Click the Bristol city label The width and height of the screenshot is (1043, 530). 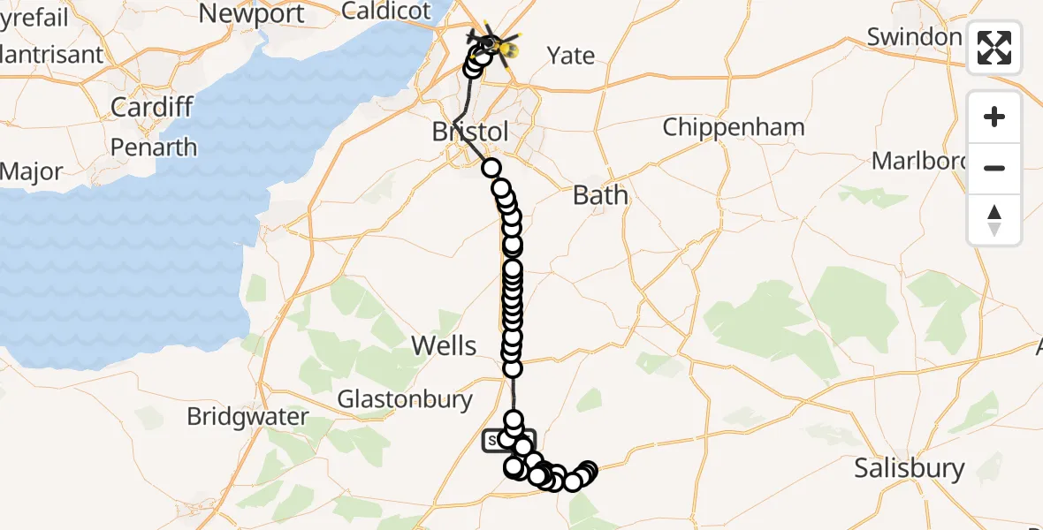pyautogui.click(x=469, y=132)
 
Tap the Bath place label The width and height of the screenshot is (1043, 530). pyautogui.click(x=600, y=194)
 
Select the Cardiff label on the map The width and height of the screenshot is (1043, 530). pyautogui.click(x=152, y=108)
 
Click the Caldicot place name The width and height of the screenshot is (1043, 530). pyautogui.click(x=386, y=11)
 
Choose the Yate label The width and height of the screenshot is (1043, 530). pyautogui.click(x=570, y=56)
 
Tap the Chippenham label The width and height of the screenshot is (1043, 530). pyautogui.click(x=734, y=127)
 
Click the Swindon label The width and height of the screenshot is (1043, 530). pyautogui.click(x=913, y=37)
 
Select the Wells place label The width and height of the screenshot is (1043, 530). pyautogui.click(x=445, y=346)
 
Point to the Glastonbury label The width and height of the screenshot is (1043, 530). pyautogui.click(x=405, y=399)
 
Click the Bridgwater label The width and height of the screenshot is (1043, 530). pyautogui.click(x=247, y=417)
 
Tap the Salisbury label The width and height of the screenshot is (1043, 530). pyautogui.click(x=909, y=468)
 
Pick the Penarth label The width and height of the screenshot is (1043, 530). pyautogui.click(x=154, y=147)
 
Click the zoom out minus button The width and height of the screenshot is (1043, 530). pyautogui.click(x=994, y=168)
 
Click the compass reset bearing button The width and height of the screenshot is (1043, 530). pyautogui.click(x=994, y=220)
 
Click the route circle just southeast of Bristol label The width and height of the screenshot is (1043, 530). pyautogui.click(x=491, y=168)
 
